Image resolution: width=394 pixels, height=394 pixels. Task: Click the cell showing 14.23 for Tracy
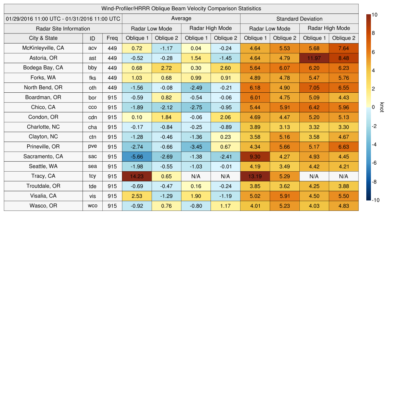pos(137,176)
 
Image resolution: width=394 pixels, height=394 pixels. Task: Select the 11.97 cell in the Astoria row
pos(314,58)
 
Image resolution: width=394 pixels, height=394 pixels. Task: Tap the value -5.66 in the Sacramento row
pos(137,157)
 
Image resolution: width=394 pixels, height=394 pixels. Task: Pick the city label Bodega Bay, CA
pos(43,68)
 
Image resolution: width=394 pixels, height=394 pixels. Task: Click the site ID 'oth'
pos(92,88)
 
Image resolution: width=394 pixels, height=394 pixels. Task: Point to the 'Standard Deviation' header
pos(299,19)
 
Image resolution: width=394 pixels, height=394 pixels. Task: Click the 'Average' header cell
pos(181,18)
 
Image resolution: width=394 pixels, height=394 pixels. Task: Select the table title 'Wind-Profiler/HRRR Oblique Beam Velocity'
pos(181,8)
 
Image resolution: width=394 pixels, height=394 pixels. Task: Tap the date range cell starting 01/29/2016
pos(63,19)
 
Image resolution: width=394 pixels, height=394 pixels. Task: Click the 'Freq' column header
pos(112,38)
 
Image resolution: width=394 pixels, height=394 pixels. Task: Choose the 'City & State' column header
pos(43,38)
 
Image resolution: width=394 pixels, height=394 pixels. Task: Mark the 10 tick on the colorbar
pos(374,15)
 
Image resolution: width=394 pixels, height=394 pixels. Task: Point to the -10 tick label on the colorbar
pos(375,200)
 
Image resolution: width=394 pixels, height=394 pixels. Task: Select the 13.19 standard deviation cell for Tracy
pos(255,176)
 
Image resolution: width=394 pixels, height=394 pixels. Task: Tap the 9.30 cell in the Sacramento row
pos(255,157)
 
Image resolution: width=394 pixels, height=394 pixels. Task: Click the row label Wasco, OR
pos(43,206)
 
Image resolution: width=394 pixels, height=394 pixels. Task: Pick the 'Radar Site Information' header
pos(63,28)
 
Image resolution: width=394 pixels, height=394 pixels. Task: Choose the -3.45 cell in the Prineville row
pos(196,147)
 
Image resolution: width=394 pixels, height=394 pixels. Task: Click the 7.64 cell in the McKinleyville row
pos(344,48)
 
